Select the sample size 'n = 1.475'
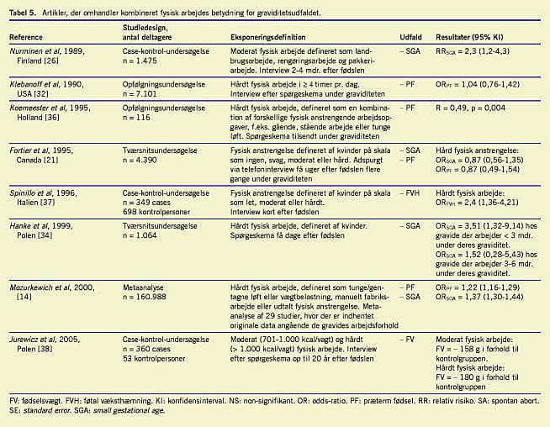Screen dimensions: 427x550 [x=143, y=61]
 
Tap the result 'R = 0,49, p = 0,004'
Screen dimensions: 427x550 [x=470, y=108]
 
